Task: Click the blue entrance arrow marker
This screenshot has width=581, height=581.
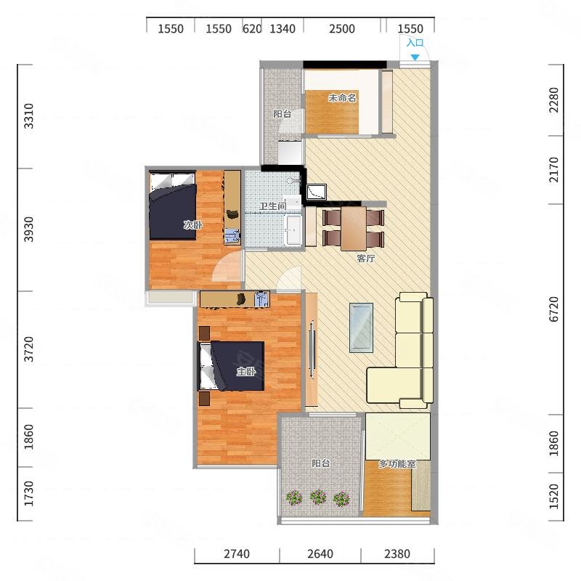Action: click(x=415, y=57)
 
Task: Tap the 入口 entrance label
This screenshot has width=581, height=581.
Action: click(x=415, y=43)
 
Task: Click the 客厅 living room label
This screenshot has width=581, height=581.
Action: click(x=366, y=259)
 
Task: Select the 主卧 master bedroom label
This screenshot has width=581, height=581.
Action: click(x=246, y=371)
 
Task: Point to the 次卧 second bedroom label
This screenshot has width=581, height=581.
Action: click(x=193, y=224)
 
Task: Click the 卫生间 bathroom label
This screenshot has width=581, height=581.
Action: click(x=272, y=206)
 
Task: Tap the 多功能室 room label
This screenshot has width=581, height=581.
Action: click(x=397, y=463)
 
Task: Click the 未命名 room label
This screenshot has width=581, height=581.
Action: click(x=342, y=98)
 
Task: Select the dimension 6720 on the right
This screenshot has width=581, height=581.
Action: click(x=554, y=309)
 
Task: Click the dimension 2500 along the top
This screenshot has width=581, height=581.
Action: click(x=341, y=29)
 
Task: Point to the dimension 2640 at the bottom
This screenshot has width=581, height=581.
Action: click(x=320, y=554)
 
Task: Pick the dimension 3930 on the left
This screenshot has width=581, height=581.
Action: click(x=28, y=229)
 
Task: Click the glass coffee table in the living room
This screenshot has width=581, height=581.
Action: click(x=361, y=328)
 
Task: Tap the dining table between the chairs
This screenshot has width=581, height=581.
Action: click(x=354, y=228)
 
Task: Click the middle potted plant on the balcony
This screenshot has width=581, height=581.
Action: click(x=318, y=497)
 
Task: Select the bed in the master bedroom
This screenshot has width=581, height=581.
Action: click(x=231, y=366)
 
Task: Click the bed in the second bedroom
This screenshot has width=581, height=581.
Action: click(x=173, y=205)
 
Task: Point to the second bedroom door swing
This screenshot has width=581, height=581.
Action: click(x=227, y=265)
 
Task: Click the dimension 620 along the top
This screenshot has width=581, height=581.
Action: click(x=252, y=29)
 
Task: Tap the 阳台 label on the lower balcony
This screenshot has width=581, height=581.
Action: click(x=321, y=463)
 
